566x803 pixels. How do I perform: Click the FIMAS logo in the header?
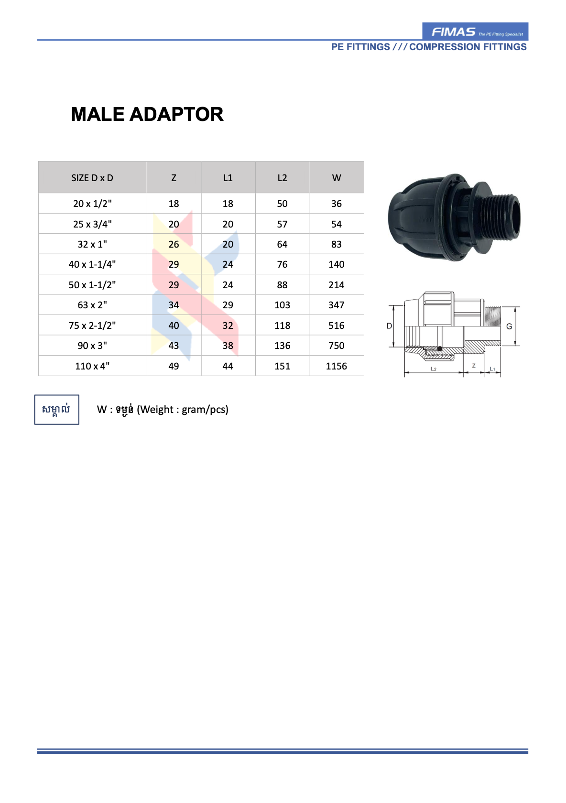click(x=475, y=32)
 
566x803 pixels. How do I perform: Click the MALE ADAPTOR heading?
click(x=147, y=114)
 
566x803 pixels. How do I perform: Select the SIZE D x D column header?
click(x=92, y=178)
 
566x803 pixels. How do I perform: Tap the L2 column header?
click(x=282, y=178)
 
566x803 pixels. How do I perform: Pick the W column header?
click(x=336, y=178)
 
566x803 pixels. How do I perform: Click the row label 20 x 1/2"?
click(x=92, y=204)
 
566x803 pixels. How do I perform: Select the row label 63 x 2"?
click(x=92, y=305)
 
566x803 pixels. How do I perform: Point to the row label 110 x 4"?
click(x=92, y=366)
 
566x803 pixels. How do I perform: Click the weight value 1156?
click(x=336, y=366)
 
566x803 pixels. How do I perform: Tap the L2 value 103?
click(x=282, y=305)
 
